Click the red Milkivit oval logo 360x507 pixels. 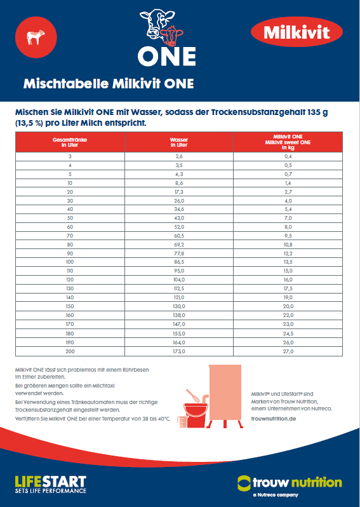coord(297,32)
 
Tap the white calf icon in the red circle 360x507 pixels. coord(35,37)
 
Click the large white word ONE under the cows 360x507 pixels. coord(166,57)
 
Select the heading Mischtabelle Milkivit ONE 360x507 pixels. coord(109,84)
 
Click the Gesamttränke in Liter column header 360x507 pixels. coord(70,142)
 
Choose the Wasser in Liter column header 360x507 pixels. coord(179,142)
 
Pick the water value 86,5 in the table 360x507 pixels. coord(179,262)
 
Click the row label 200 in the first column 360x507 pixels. coord(70,351)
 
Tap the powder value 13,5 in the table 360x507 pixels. coord(288,262)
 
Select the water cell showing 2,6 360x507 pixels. coord(179,156)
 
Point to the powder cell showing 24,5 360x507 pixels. coord(288,334)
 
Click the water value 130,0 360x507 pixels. coord(179,306)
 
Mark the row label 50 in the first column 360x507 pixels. coord(70,218)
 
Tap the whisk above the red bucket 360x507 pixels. coord(192,395)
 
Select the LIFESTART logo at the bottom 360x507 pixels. coord(50,484)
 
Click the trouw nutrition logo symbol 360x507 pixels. coord(244,483)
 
